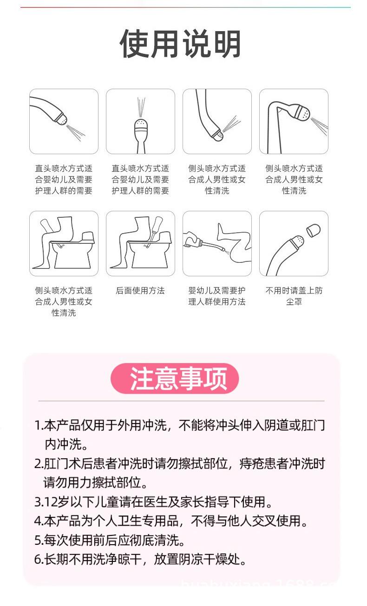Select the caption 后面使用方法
140,291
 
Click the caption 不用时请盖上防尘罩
294,296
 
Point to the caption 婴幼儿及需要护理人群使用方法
217,296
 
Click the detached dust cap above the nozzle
315,229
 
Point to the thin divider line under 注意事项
181,401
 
